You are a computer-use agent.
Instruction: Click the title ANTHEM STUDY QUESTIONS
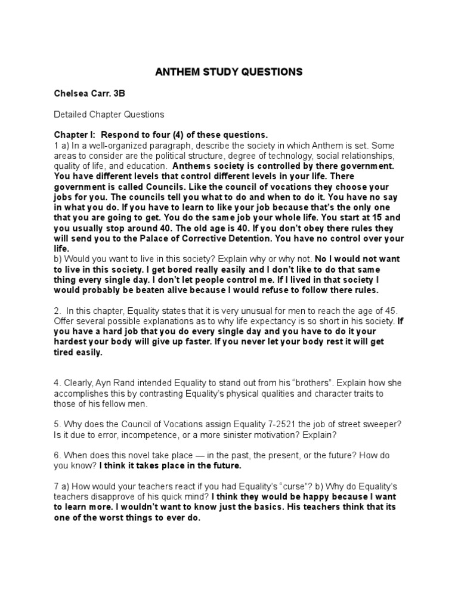click(x=228, y=72)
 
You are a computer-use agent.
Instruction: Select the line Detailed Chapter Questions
click(x=109, y=113)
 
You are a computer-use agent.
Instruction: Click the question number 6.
click(x=57, y=455)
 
